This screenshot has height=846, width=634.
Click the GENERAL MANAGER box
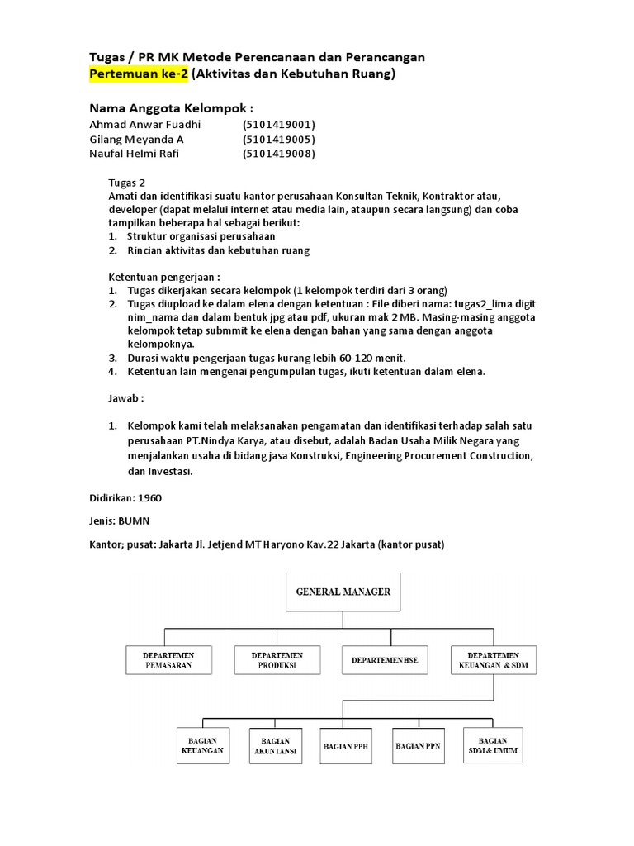click(343, 592)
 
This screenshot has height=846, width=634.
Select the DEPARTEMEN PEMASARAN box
click(169, 660)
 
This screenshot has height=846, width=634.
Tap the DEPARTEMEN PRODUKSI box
click(277, 660)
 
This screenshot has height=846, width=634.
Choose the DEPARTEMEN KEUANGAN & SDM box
click(492, 660)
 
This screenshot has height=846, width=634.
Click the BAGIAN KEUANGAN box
click(202, 745)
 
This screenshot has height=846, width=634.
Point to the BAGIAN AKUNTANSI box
click(275, 745)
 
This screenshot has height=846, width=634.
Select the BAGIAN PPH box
click(347, 745)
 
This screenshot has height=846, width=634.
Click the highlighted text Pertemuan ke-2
click(139, 74)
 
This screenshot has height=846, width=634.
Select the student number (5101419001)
click(279, 125)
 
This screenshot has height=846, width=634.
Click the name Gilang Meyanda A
click(136, 139)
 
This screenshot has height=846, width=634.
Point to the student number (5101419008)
click(279, 154)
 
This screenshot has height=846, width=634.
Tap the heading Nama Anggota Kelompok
click(170, 108)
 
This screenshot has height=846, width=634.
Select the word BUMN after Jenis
click(135, 521)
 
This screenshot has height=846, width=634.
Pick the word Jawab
click(125, 397)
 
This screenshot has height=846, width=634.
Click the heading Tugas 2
click(127, 182)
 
